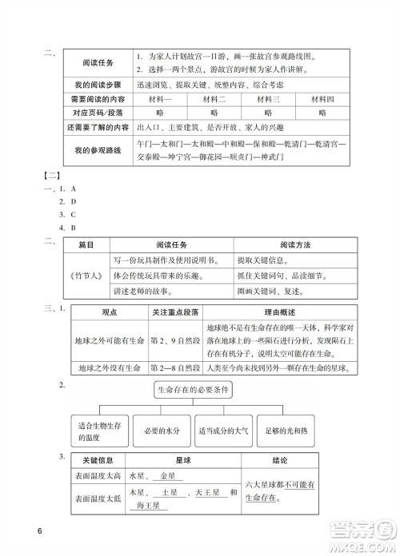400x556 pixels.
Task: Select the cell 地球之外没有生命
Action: [106, 368]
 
